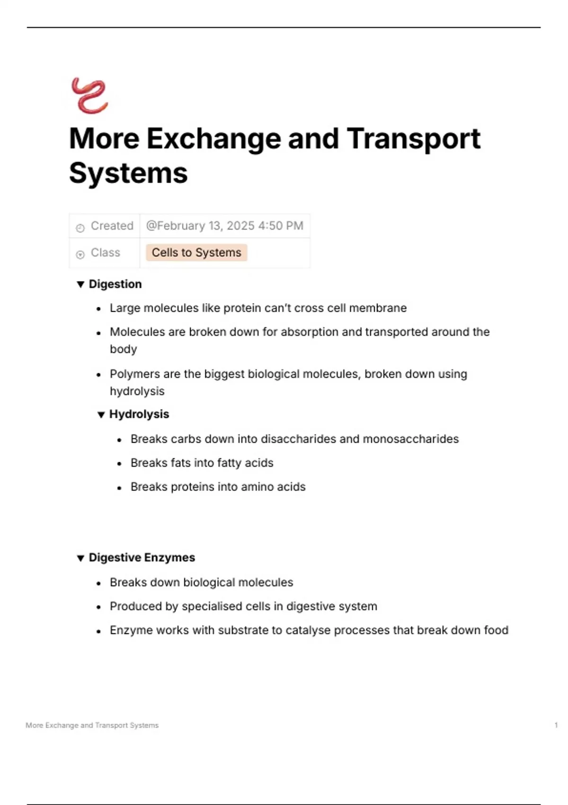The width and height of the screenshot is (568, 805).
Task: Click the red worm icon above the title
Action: (89, 96)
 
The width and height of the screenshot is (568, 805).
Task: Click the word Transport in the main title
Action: (413, 139)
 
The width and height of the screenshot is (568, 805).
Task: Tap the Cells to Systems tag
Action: (196, 252)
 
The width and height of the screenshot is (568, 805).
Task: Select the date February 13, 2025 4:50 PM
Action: (225, 226)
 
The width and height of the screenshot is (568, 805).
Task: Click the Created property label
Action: (112, 226)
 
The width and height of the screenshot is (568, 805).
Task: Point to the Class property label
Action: (105, 252)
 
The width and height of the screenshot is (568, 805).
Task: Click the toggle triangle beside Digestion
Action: (80, 284)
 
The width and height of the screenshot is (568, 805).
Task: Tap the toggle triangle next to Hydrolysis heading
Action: (101, 415)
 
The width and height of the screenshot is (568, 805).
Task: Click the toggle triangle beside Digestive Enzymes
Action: (80, 558)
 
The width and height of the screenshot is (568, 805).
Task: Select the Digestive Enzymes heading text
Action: (142, 557)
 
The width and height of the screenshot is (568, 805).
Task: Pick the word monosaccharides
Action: (410, 439)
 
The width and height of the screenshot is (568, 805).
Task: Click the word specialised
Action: (218, 606)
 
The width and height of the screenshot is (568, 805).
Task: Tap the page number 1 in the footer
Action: (556, 725)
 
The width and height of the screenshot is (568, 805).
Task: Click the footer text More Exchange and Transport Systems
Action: (92, 725)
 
